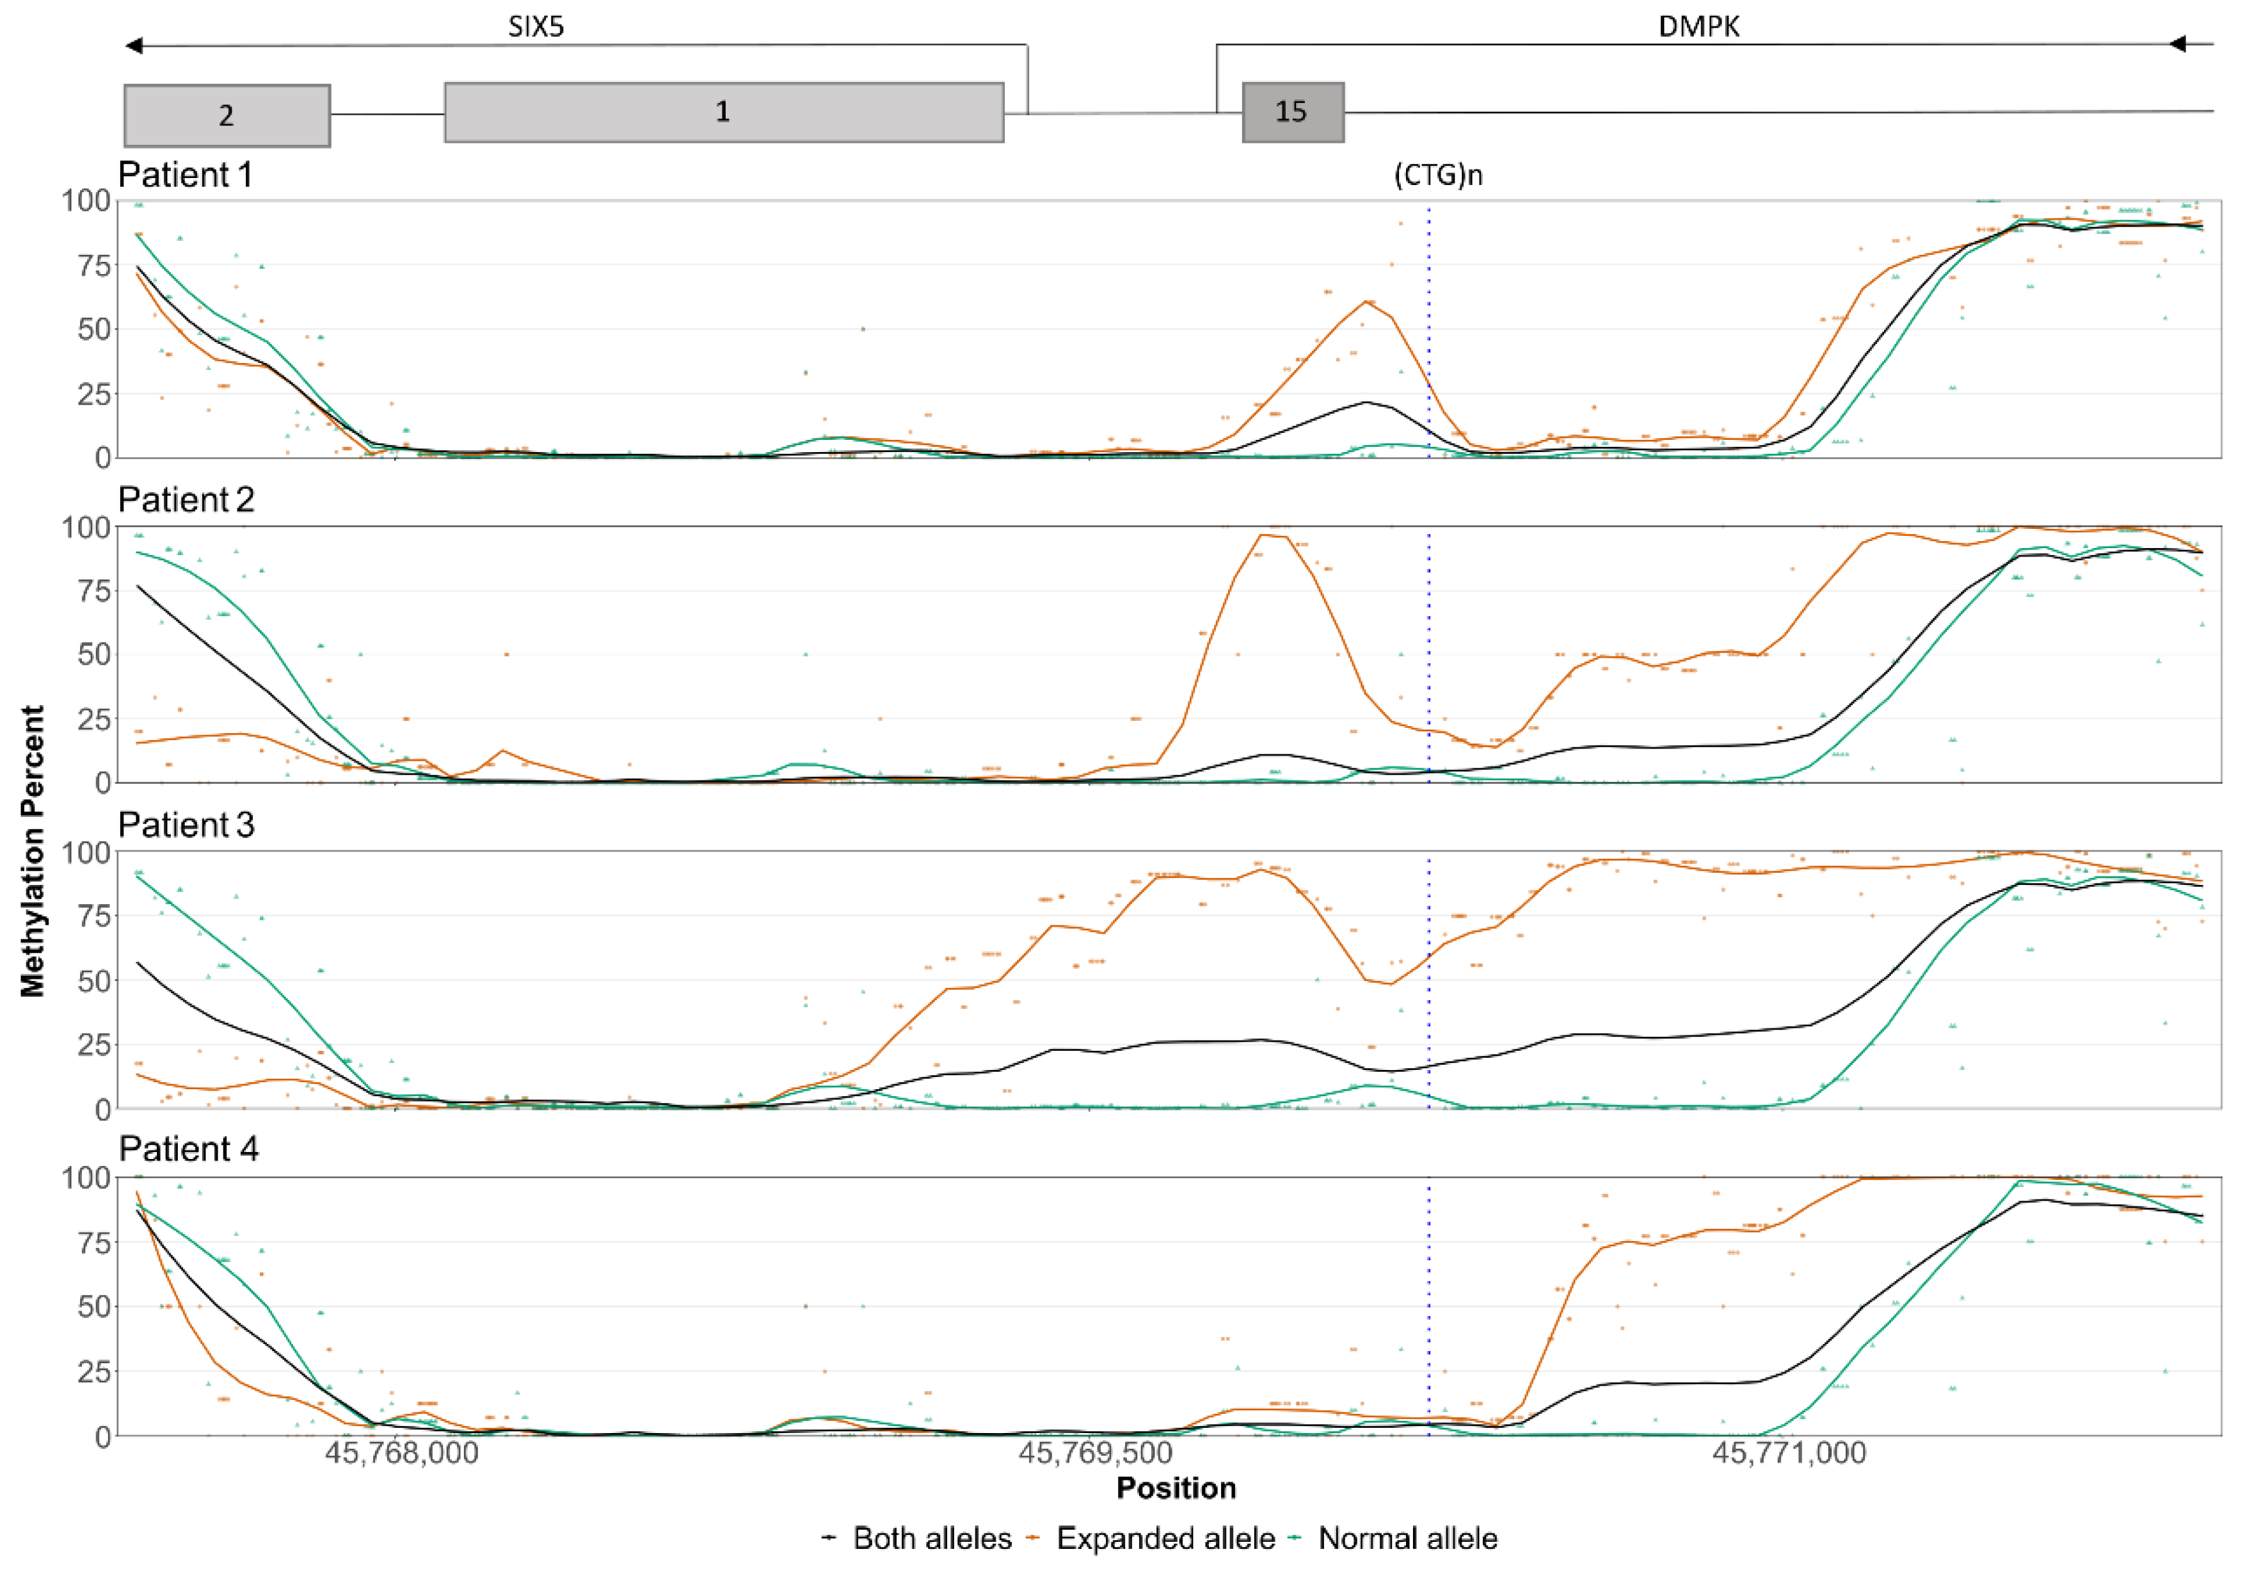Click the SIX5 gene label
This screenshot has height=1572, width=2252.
536,26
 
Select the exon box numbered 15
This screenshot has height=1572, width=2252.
1292,113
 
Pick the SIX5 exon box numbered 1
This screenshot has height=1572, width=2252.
723,113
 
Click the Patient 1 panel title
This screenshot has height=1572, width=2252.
186,175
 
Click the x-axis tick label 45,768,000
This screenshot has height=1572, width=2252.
401,1452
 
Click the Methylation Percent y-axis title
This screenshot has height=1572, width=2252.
33,851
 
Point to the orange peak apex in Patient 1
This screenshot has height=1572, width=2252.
1366,300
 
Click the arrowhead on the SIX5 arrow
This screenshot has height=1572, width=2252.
134,45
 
